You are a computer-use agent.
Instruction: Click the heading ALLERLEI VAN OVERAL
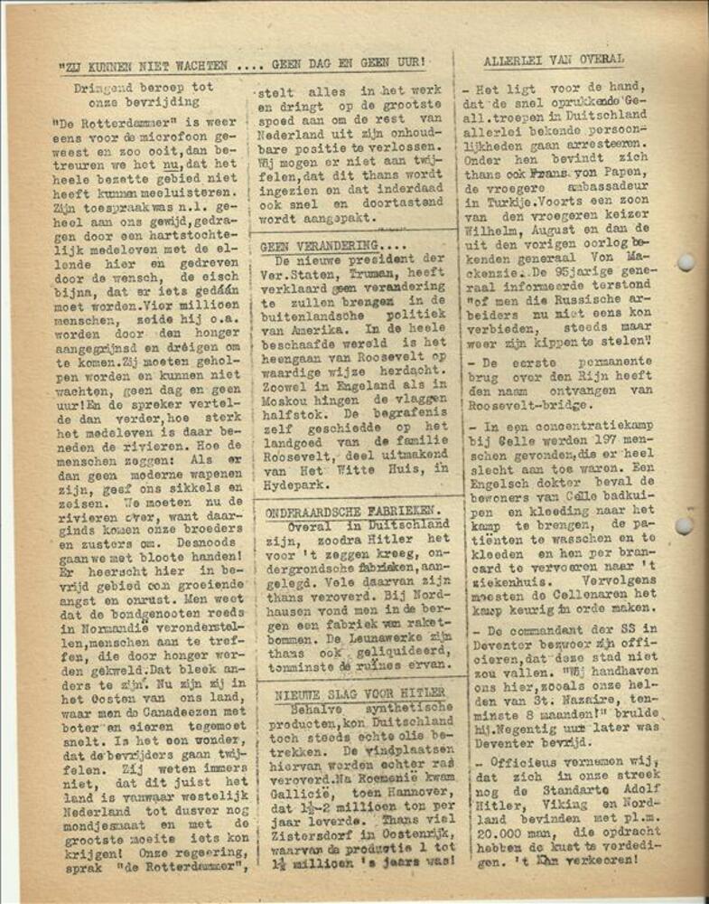click(x=553, y=60)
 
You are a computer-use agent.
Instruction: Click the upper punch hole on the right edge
click(x=687, y=262)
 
